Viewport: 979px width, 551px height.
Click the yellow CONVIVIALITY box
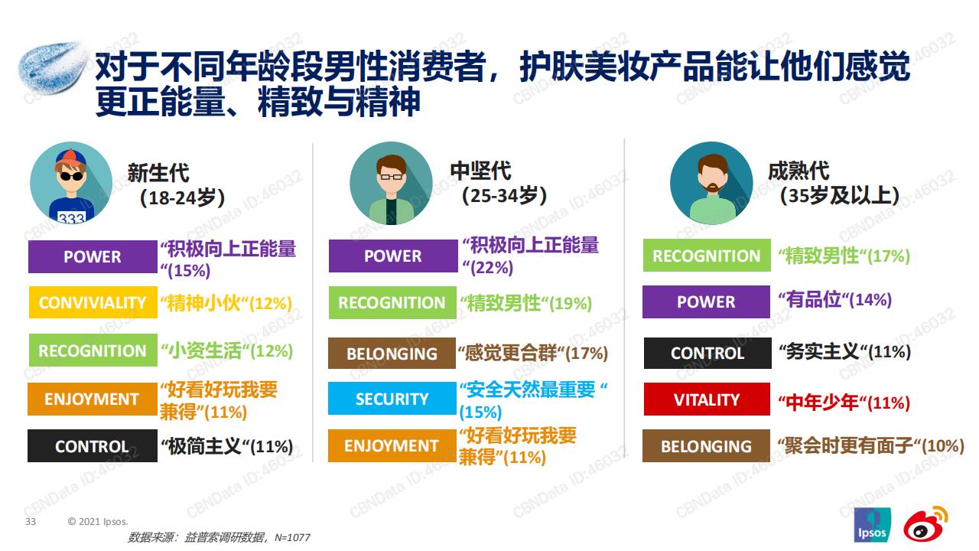tap(93, 302)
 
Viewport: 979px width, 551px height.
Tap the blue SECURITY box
tap(392, 399)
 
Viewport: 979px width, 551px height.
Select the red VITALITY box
tap(707, 399)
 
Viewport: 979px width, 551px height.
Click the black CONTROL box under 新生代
tap(93, 445)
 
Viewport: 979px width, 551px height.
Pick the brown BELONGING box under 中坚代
tap(392, 353)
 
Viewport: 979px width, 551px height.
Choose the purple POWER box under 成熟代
tap(706, 302)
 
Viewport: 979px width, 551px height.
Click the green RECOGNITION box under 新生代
tap(93, 350)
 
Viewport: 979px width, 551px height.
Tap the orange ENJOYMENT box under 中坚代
tap(392, 445)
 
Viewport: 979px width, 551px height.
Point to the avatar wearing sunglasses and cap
tap(71, 183)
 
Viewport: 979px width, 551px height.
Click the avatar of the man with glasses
tap(391, 183)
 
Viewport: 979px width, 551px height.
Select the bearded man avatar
tap(711, 183)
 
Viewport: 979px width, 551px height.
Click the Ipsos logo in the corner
tap(873, 525)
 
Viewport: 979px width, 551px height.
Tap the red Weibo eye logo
tap(925, 524)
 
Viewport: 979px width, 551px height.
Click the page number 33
tap(31, 521)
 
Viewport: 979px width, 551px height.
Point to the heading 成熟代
tap(798, 171)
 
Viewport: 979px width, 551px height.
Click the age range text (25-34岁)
tap(504, 195)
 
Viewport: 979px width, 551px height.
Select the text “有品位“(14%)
tap(834, 300)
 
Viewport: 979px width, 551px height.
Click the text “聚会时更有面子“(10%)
tap(870, 445)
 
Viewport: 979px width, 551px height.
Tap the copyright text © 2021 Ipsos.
tap(98, 521)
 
